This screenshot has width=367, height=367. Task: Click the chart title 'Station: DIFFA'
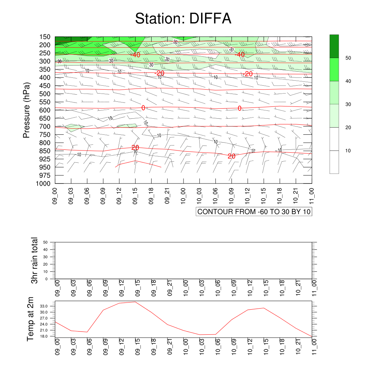pyautogui.click(x=183, y=19)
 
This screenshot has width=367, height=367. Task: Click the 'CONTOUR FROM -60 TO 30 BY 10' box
pyautogui.click(x=254, y=211)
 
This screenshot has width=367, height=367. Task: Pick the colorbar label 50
pyautogui.click(x=348, y=58)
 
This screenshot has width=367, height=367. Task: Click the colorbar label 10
pyautogui.click(x=348, y=151)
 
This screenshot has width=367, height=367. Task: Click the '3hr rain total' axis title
pyautogui.click(x=34, y=260)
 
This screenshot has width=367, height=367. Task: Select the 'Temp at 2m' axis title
pyautogui.click(x=31, y=319)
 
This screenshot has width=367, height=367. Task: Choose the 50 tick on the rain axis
pyautogui.click(x=46, y=242)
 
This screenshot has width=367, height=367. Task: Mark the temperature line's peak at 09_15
pyautogui.click(x=135, y=302)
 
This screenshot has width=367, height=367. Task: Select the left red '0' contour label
pyautogui.click(x=143, y=108)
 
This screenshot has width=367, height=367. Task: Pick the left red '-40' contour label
pyautogui.click(x=135, y=55)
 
